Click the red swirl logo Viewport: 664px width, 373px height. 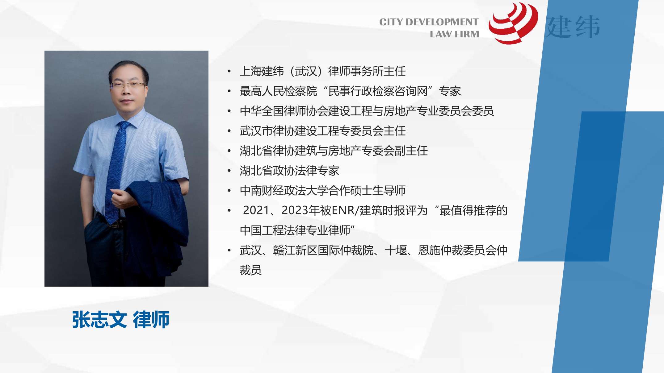tap(513, 23)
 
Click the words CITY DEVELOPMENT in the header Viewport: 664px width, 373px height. tap(429, 22)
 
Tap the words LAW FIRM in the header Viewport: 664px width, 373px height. tap(454, 34)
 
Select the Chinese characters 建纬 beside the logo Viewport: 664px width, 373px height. tap(573, 27)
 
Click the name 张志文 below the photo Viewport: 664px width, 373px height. tap(99, 320)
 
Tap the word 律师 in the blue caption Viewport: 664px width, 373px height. tap(151, 320)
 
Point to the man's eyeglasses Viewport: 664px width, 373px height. tap(128, 85)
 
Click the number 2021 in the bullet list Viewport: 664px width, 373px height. tap(256, 210)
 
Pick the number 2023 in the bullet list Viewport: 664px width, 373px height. tap(295, 210)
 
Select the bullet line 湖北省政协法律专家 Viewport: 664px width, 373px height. tap(289, 171)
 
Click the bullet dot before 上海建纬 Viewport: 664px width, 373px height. tap(229, 72)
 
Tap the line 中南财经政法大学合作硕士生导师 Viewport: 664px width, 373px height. tap(322, 191)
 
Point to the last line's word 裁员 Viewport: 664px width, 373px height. tap(250, 270)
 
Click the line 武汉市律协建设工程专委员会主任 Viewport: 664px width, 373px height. tap(322, 131)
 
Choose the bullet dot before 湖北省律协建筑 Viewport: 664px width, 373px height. tap(229, 151)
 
